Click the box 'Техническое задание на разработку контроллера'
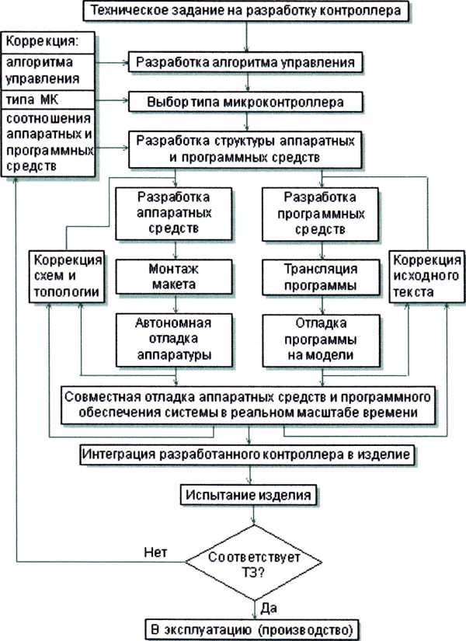tap(247, 11)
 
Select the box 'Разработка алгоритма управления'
tap(247, 61)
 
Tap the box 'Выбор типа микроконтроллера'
tap(247, 101)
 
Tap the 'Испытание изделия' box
tap(250, 494)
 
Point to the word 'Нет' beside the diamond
tap(155, 552)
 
